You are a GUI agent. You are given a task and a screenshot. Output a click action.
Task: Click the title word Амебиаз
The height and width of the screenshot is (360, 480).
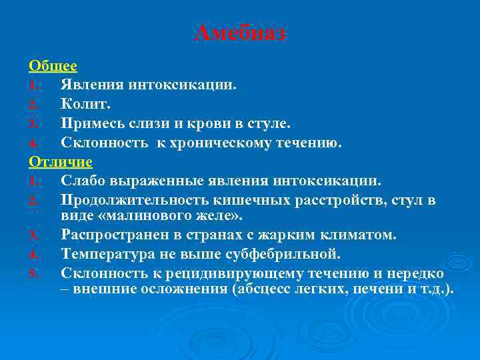point(240,33)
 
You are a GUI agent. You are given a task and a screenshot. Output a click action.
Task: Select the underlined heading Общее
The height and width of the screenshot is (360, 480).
point(53,66)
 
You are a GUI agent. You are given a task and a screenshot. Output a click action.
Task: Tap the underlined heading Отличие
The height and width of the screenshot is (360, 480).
point(61,161)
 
